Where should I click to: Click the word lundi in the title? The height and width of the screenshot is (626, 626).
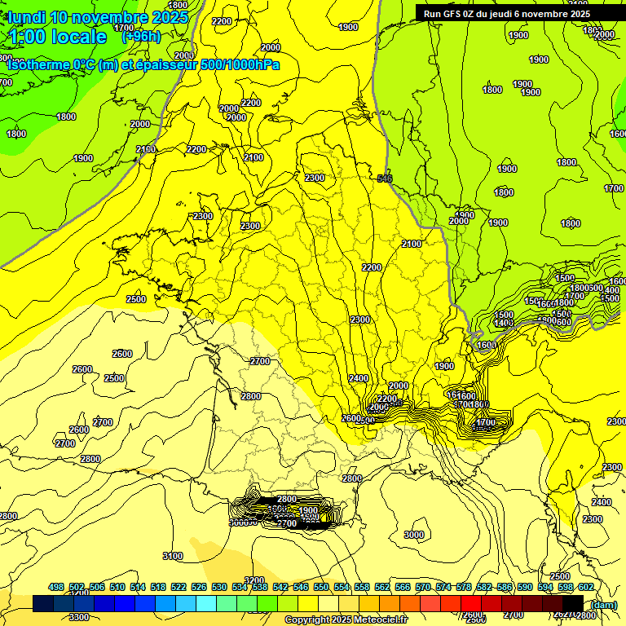click(26, 17)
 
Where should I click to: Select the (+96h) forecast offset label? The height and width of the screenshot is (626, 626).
click(141, 37)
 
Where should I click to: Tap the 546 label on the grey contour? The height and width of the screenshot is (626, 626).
click(386, 179)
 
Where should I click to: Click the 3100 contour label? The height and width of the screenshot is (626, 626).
click(173, 556)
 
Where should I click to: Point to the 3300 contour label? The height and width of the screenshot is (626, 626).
click(79, 617)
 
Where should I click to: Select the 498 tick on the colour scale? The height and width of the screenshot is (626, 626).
click(56, 587)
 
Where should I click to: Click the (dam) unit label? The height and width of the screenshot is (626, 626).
click(603, 604)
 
